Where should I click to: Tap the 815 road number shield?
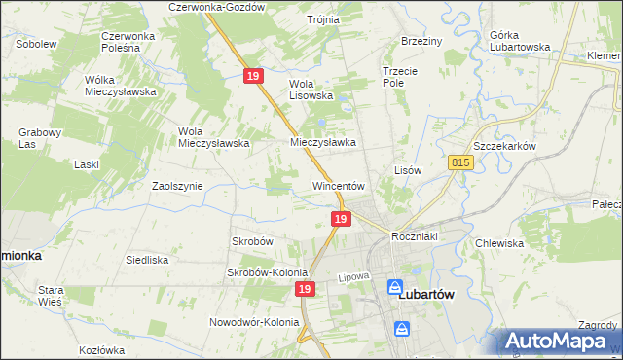click(x=461, y=163)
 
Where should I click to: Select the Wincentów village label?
click(x=338, y=185)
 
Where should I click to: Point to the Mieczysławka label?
click(x=323, y=142)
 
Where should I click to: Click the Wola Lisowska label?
click(x=311, y=90)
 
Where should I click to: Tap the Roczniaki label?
click(x=418, y=237)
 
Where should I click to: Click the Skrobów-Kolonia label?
click(x=267, y=272)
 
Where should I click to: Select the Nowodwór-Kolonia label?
click(x=252, y=322)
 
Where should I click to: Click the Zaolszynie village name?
click(x=176, y=185)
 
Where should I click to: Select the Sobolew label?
click(x=35, y=44)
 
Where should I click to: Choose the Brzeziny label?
click(x=421, y=42)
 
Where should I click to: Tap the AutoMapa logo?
click(x=561, y=341)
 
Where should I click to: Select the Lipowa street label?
click(x=355, y=277)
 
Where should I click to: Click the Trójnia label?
click(x=322, y=19)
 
